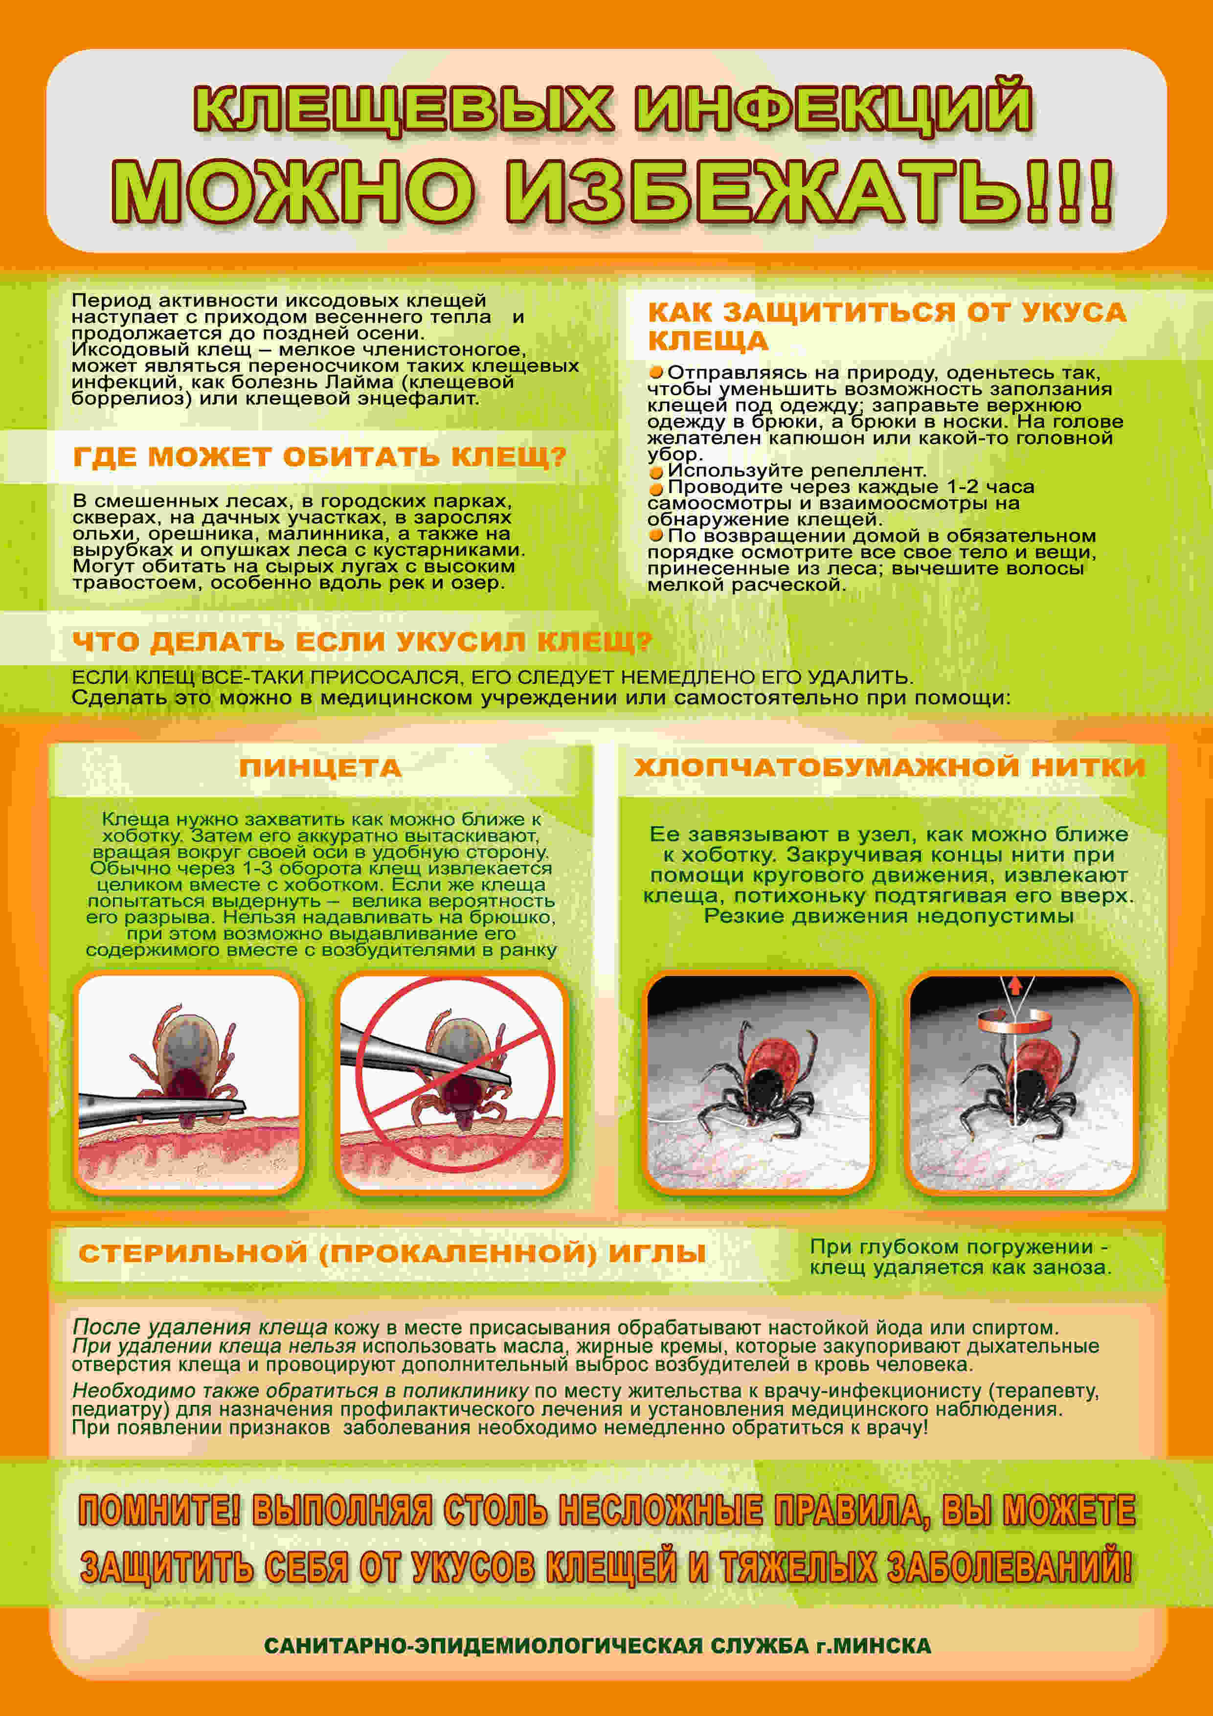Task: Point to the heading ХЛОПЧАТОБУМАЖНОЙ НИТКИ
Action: [889, 767]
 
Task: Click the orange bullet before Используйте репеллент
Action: [656, 473]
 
